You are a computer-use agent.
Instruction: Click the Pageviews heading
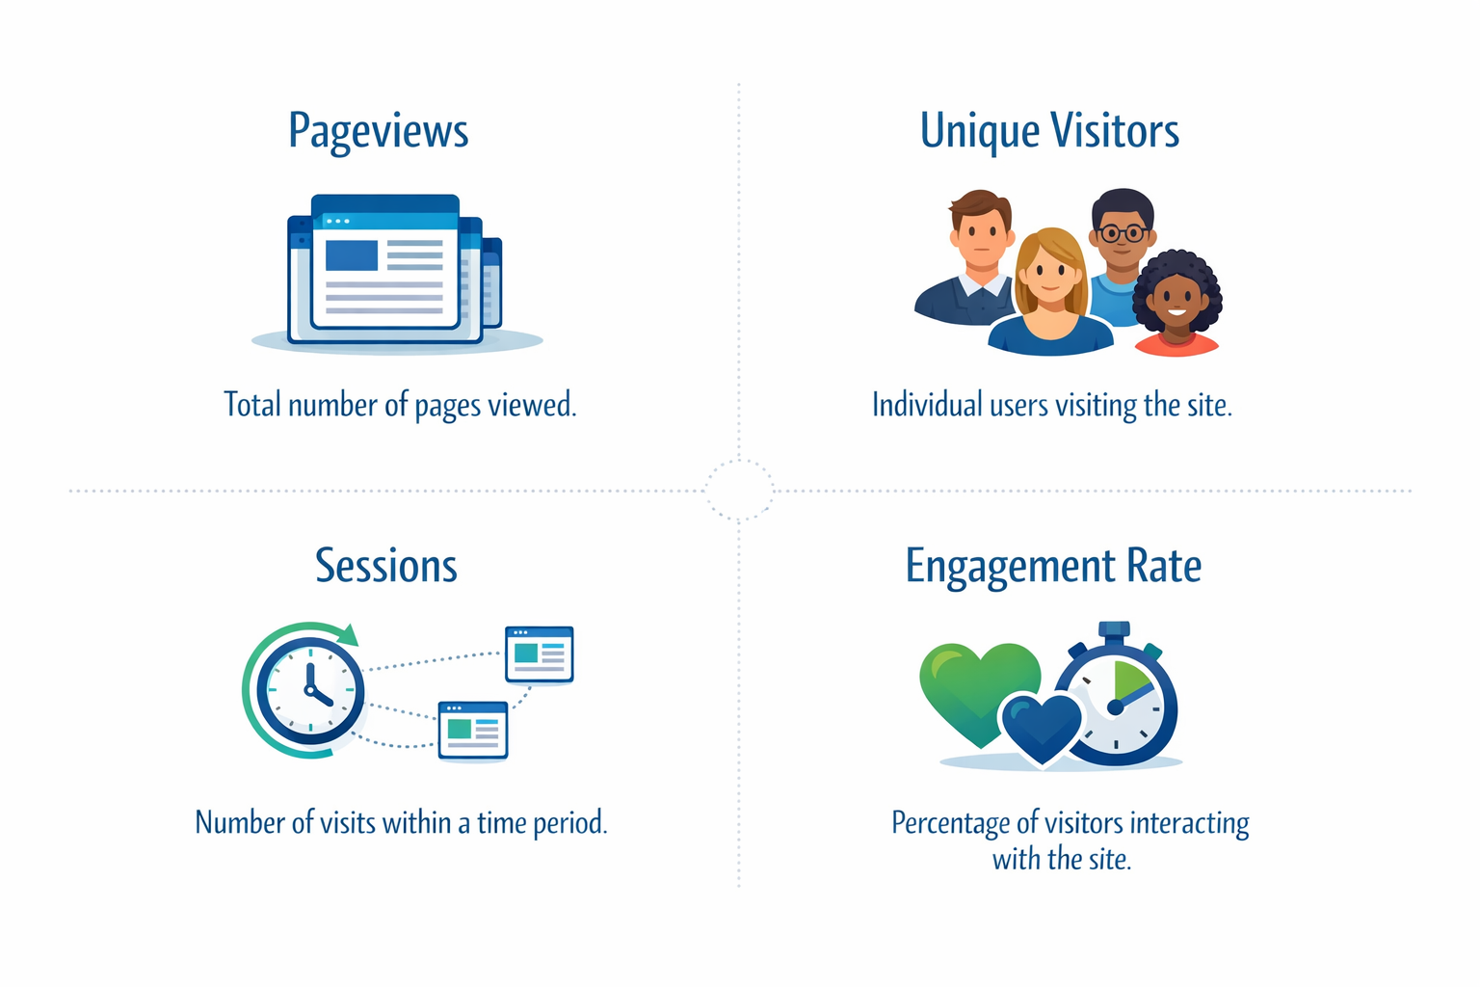click(x=378, y=132)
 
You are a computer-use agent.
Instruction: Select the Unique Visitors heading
click(x=1049, y=132)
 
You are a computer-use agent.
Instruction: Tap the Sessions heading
click(x=386, y=566)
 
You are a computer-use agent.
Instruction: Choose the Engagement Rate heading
click(x=1053, y=566)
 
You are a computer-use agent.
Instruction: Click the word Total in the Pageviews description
click(x=252, y=405)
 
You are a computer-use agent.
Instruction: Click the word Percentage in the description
click(x=950, y=823)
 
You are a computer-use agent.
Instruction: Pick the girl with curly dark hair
click(x=1176, y=299)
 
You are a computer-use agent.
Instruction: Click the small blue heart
click(x=1041, y=726)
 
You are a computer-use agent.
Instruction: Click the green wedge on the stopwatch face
click(x=1129, y=680)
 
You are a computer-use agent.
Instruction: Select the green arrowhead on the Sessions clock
click(x=347, y=635)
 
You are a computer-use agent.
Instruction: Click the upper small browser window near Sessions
click(x=540, y=654)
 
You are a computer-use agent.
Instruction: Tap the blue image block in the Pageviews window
click(x=352, y=255)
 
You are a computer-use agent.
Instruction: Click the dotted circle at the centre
click(x=739, y=491)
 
